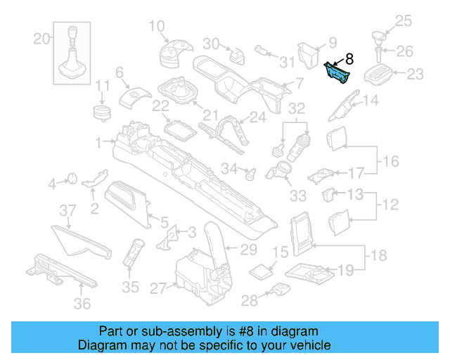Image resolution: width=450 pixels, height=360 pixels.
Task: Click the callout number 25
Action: (401, 21)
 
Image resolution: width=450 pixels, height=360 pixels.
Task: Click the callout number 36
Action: (83, 304)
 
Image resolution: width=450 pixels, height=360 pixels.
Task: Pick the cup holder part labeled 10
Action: (172, 53)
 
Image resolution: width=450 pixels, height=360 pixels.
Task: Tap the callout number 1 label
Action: (100, 141)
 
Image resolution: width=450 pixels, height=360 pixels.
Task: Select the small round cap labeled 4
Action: (72, 179)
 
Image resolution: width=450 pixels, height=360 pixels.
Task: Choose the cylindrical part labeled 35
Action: (133, 252)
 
